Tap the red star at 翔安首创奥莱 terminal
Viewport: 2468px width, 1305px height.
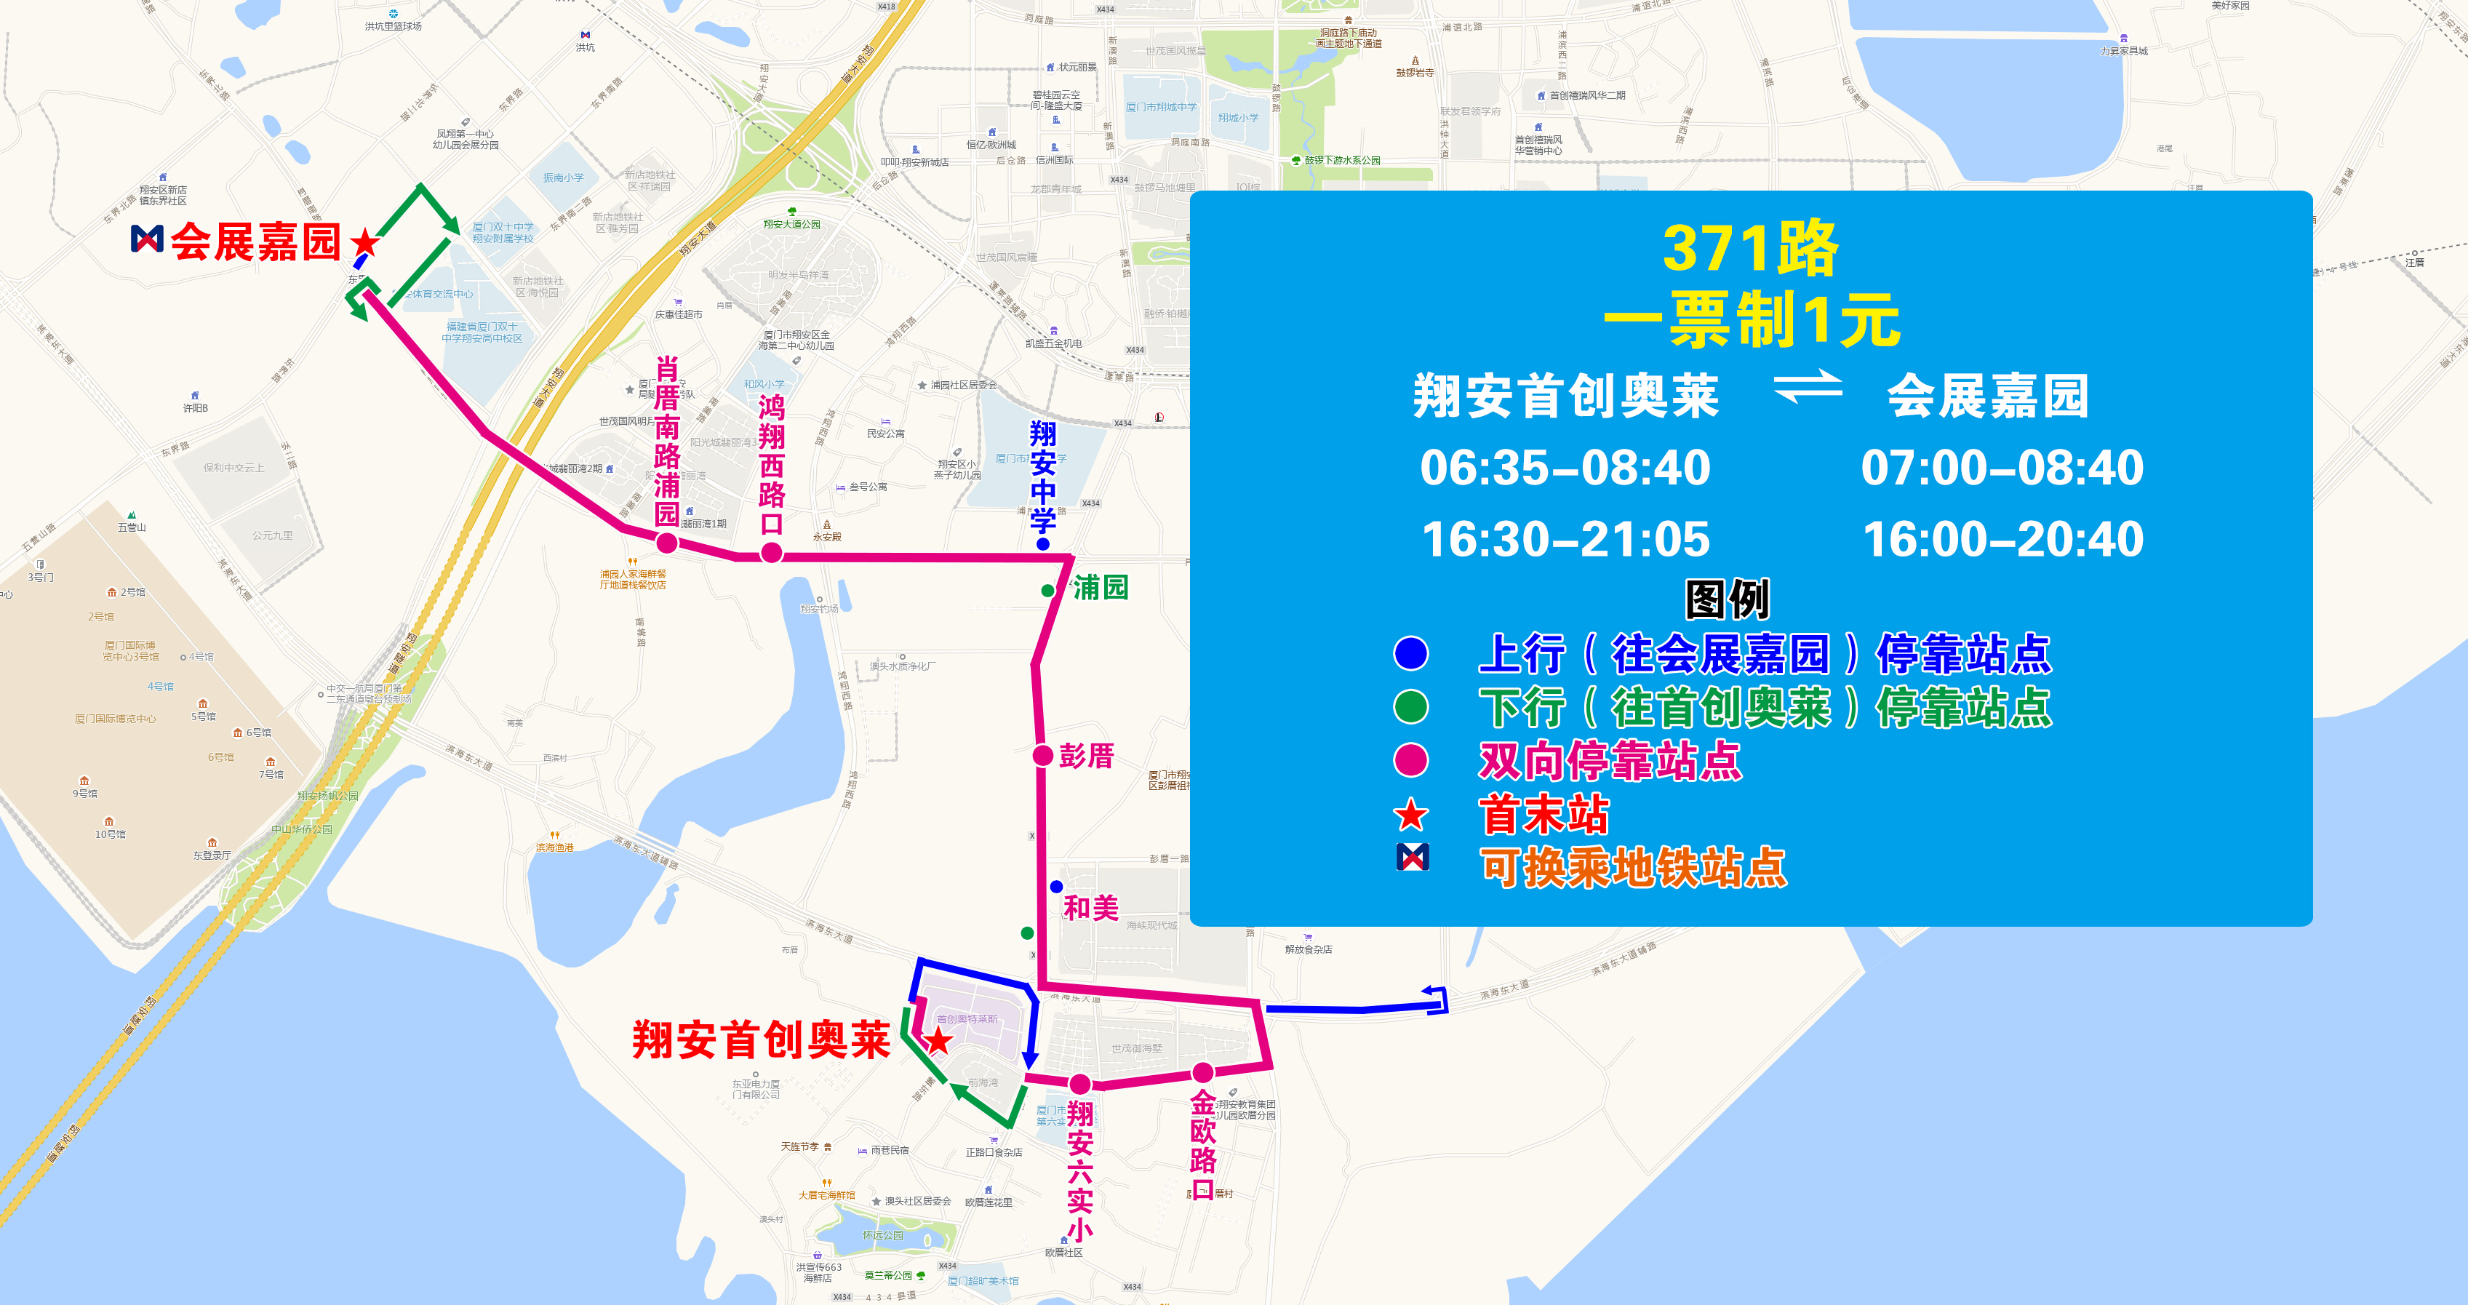[937, 1040]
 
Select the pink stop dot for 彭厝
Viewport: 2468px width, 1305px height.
[1043, 755]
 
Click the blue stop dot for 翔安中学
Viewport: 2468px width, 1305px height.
[1043, 544]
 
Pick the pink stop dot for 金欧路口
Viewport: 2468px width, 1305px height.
[1202, 1072]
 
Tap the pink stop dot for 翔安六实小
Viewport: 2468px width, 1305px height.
[1079, 1084]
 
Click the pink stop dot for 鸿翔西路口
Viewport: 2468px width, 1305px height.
[771, 552]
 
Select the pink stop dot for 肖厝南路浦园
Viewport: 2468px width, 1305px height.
[667, 543]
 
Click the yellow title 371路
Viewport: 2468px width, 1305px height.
[1750, 248]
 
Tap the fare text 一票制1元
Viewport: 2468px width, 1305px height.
[1750, 320]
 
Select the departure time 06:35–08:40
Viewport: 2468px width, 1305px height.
[1565, 468]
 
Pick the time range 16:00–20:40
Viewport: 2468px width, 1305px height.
[2002, 540]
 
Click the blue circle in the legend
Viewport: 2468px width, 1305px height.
[1410, 653]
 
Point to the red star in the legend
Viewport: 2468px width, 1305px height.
[1410, 816]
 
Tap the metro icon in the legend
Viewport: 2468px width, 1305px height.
[1412, 857]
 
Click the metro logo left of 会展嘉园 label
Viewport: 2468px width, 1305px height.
[147, 239]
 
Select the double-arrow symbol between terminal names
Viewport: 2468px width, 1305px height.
[1807, 388]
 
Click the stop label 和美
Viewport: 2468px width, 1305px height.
[1090, 906]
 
